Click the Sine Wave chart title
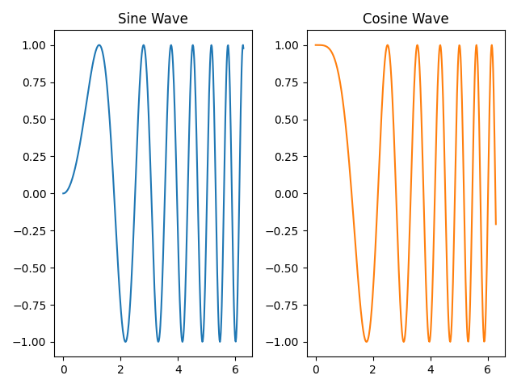(x=153, y=19)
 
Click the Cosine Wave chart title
(x=405, y=19)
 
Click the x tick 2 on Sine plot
(x=121, y=369)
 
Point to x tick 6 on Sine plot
(x=235, y=369)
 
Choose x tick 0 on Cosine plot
(x=316, y=369)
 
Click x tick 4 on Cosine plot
(x=430, y=369)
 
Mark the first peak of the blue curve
(x=99, y=45)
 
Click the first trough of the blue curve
(x=125, y=341)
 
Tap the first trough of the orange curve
(x=366, y=341)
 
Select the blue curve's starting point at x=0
(x=64, y=193)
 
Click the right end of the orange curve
(x=495, y=224)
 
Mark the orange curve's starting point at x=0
(x=316, y=45)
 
